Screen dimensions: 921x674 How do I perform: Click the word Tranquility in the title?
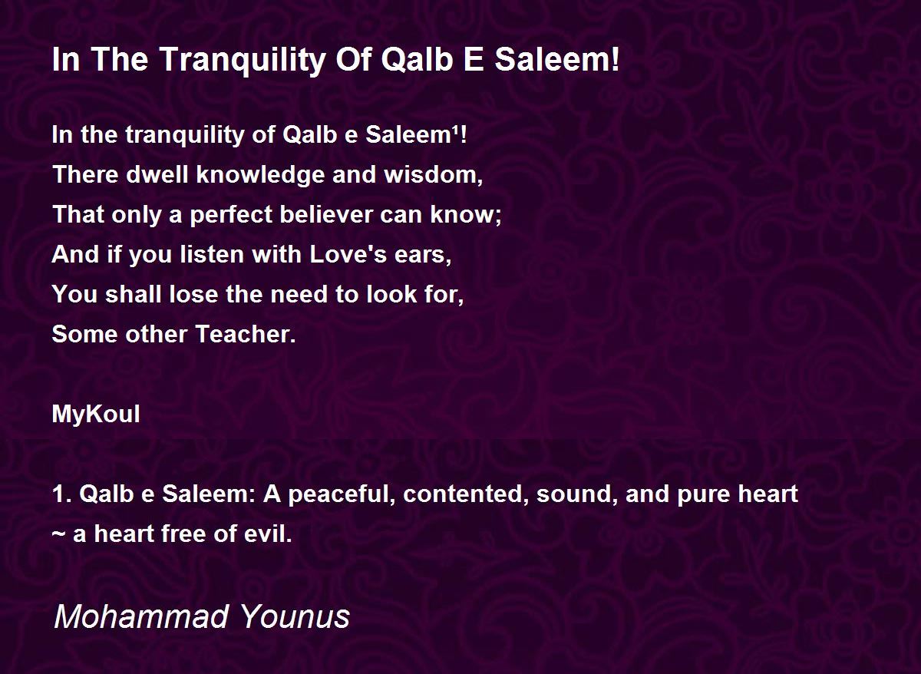click(x=244, y=60)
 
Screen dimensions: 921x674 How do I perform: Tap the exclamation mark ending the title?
click(x=615, y=58)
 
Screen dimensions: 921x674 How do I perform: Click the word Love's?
click(x=348, y=254)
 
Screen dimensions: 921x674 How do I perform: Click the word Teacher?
click(x=246, y=334)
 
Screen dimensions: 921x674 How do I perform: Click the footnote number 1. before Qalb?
click(x=62, y=494)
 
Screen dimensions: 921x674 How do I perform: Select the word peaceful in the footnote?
click(x=342, y=495)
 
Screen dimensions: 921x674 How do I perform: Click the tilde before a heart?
click(x=59, y=534)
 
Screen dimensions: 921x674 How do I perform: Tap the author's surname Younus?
click(x=295, y=616)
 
